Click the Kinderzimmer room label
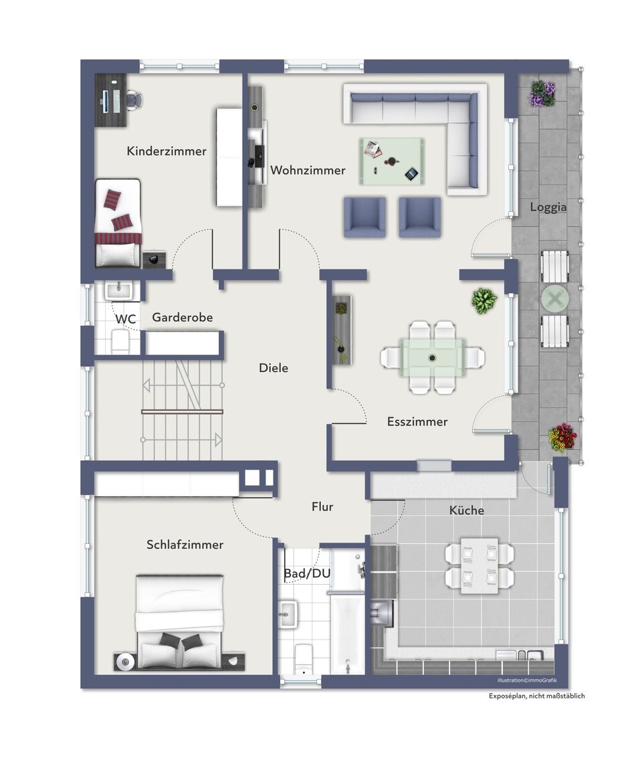(167, 151)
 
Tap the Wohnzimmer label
(308, 170)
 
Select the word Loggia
(548, 207)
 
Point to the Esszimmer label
(417, 421)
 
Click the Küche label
(466, 510)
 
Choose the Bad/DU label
(307, 573)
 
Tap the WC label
(125, 319)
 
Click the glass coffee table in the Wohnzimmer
(391, 161)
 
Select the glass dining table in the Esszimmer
(433, 357)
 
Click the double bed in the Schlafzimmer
(180, 622)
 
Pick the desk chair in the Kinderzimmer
(134, 100)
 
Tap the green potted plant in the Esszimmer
(484, 300)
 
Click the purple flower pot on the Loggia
(543, 94)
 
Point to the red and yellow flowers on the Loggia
(562, 438)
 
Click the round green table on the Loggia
(555, 298)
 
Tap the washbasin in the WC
(118, 290)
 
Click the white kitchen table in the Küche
(479, 566)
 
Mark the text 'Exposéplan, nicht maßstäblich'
(536, 696)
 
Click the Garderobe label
(182, 317)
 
